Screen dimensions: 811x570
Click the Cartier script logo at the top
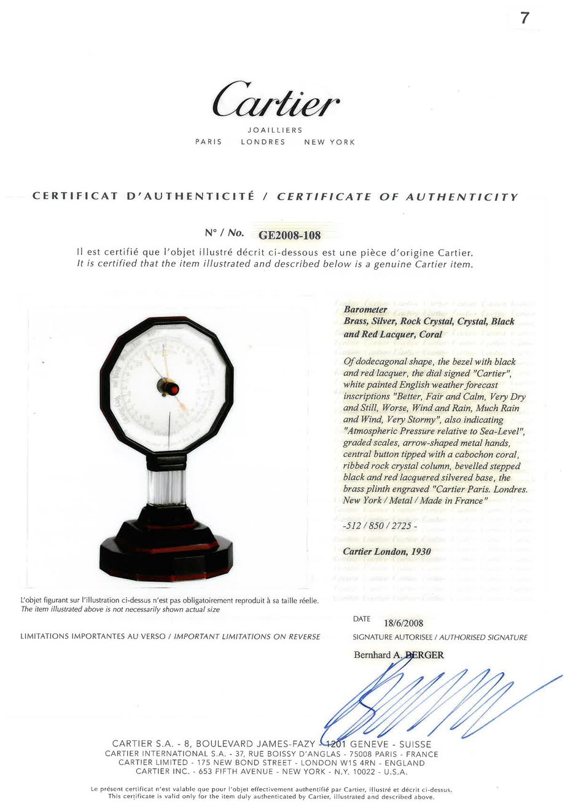click(x=276, y=100)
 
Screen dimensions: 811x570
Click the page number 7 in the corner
click(x=524, y=18)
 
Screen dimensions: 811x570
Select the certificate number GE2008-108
click(x=289, y=235)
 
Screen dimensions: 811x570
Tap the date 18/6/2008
click(x=404, y=622)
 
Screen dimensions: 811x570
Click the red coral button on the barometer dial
click(x=173, y=388)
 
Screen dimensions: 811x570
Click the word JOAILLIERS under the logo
click(x=275, y=130)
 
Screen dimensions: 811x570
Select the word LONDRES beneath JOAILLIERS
click(x=263, y=142)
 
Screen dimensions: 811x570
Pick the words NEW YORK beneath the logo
click(x=329, y=142)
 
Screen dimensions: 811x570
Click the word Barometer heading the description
click(x=365, y=309)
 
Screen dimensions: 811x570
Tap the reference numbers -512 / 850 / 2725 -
click(x=380, y=526)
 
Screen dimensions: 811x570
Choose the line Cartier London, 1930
click(x=386, y=551)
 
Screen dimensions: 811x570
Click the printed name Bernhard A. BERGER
click(x=399, y=655)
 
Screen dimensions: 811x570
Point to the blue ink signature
click(x=430, y=694)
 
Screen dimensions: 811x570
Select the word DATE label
click(x=362, y=619)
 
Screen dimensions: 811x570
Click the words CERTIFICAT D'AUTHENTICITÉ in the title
click(x=143, y=196)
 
